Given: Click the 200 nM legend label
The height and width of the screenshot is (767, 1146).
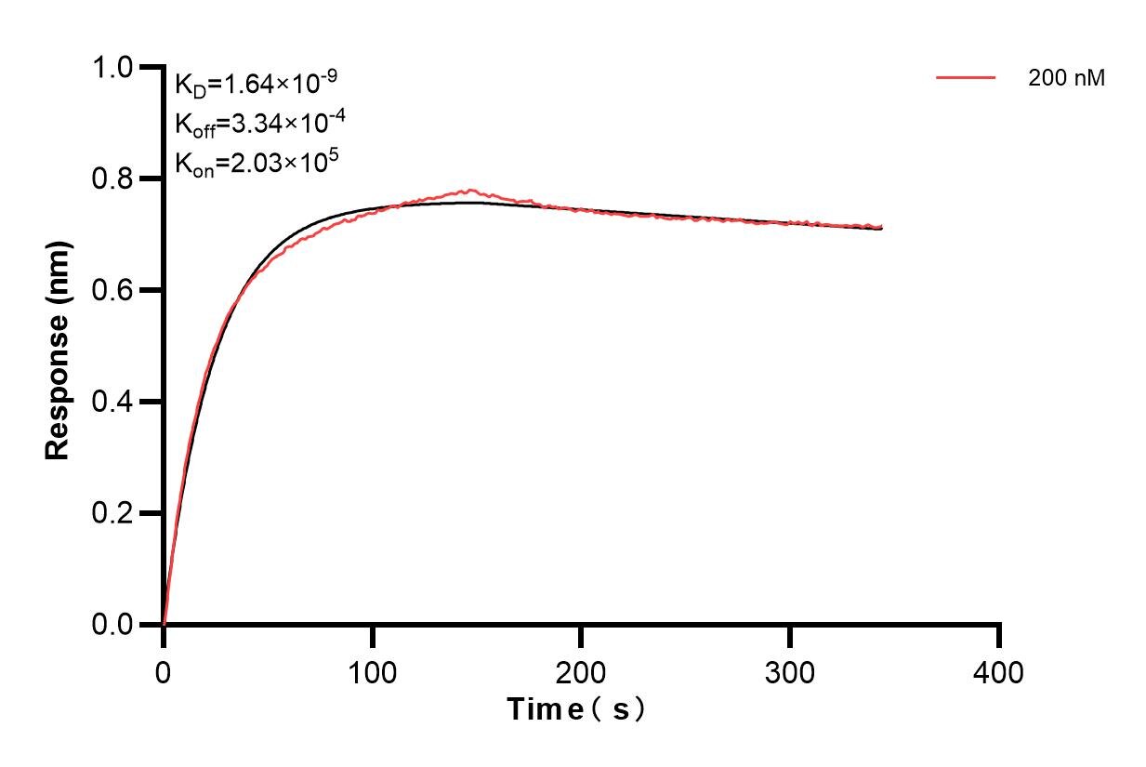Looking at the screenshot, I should [1066, 79].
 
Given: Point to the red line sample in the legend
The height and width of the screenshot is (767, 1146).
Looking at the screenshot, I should [966, 78].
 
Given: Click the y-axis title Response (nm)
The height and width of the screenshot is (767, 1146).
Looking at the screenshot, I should [58, 349].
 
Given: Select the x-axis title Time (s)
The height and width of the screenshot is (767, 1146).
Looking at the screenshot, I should [576, 709].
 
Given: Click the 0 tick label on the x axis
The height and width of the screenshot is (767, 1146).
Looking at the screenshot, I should [164, 672].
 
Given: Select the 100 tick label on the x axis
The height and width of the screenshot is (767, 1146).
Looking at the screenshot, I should [373, 672].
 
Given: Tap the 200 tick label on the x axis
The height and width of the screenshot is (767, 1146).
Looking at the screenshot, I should [582, 672].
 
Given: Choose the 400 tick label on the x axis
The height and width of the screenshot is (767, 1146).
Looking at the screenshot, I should [999, 672].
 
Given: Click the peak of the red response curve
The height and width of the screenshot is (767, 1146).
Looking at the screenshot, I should [470, 191].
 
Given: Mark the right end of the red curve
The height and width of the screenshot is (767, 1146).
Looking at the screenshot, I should [881, 226].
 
